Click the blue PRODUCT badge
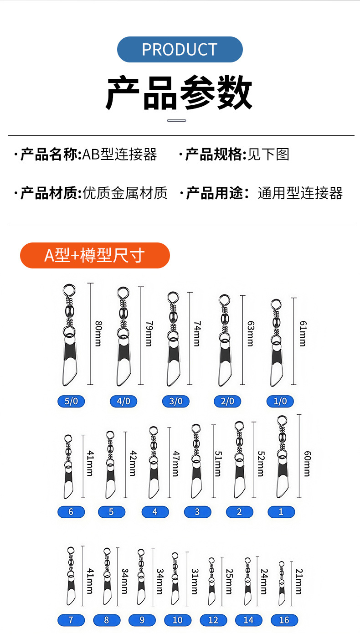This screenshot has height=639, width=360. (x=180, y=49)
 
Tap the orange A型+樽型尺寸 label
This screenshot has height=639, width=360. (x=95, y=255)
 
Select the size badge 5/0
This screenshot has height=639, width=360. (x=71, y=402)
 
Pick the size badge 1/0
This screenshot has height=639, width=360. (x=280, y=402)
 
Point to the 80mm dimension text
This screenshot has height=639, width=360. (x=98, y=333)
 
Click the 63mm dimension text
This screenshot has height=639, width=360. (x=250, y=333)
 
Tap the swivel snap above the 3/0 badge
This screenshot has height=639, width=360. (x=173, y=340)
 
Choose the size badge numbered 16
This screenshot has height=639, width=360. (x=284, y=620)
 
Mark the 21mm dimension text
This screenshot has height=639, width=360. (x=299, y=581)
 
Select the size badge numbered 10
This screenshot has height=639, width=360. (x=177, y=620)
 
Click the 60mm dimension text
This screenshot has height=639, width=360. (x=307, y=464)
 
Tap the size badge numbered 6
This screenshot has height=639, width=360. (x=71, y=512)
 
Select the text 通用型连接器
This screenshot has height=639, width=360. (x=300, y=193)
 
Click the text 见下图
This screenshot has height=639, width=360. (x=268, y=155)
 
